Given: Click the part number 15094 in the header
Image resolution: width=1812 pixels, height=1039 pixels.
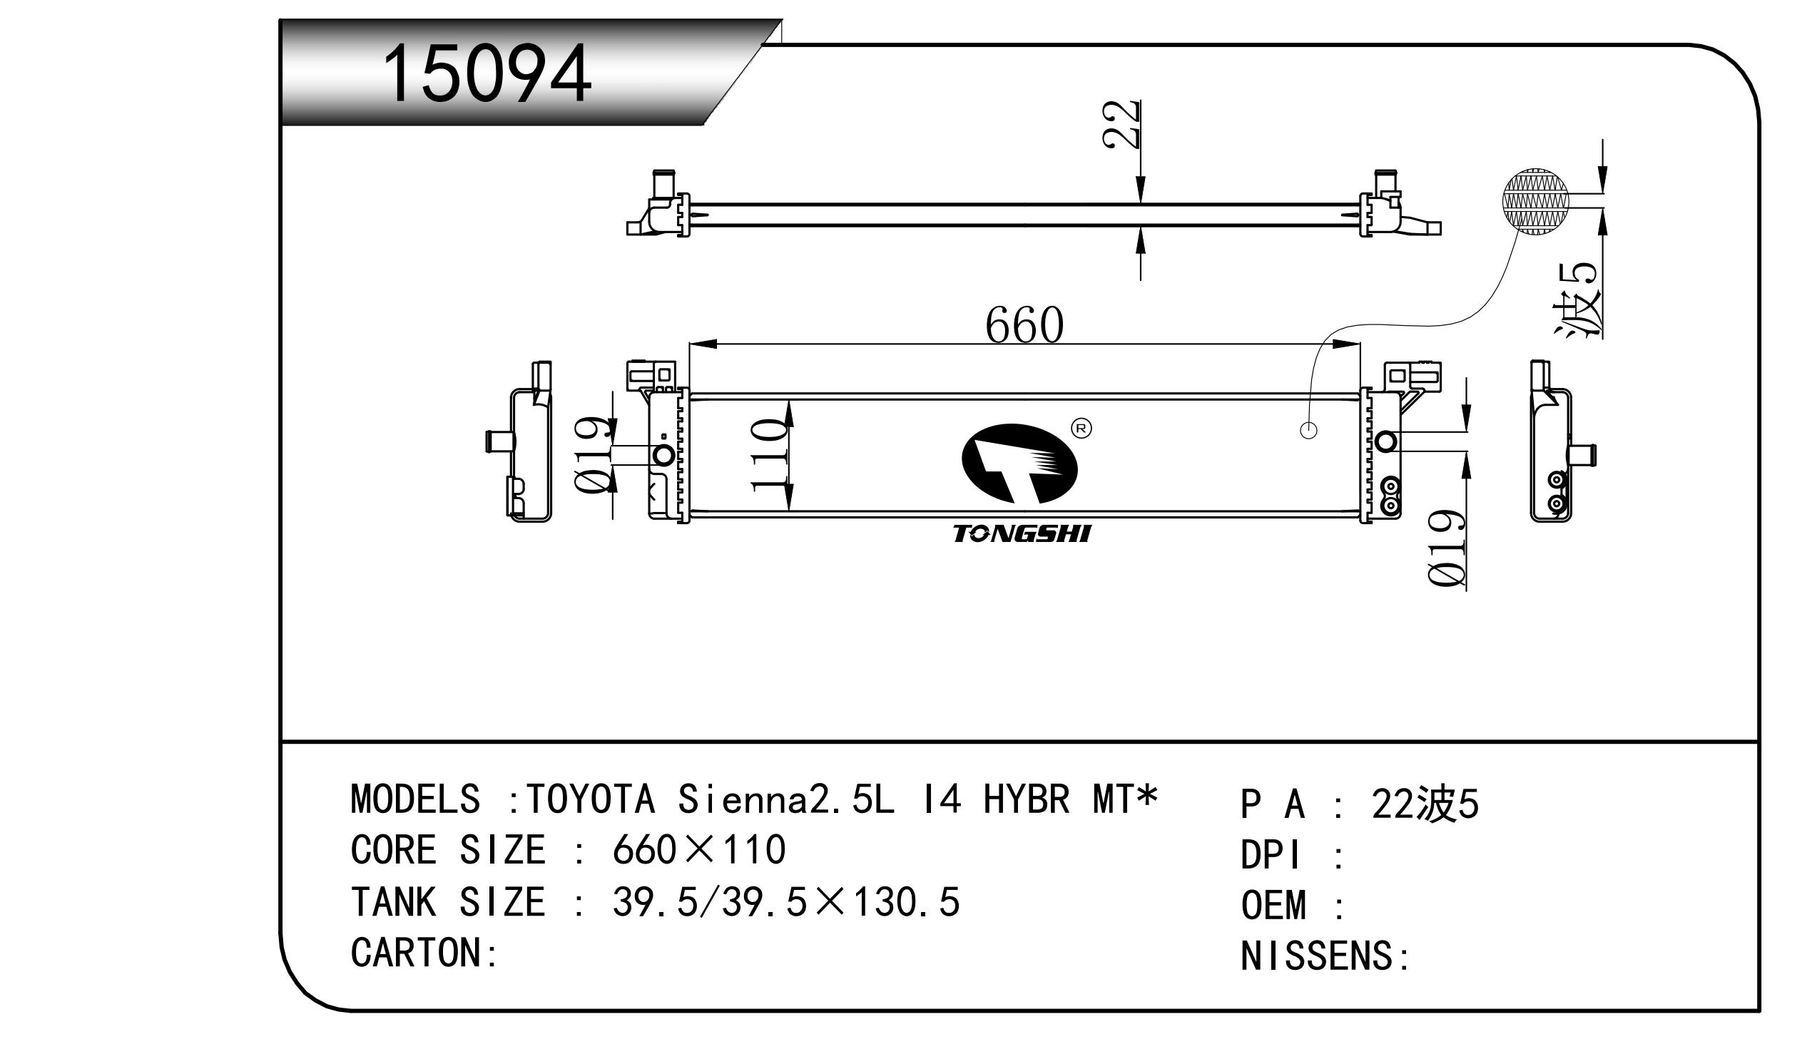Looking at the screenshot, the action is (487, 74).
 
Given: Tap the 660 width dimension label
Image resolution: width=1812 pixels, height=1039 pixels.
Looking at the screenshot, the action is (1024, 325).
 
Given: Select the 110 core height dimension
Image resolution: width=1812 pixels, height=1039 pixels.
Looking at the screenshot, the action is (768, 455).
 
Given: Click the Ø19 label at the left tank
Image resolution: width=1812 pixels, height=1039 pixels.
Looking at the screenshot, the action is (594, 454).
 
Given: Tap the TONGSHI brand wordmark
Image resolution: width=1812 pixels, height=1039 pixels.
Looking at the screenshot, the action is (1022, 534).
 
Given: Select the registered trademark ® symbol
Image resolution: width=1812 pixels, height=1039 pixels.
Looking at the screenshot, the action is (1081, 428).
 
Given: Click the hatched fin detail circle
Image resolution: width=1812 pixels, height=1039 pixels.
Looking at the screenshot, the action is (1536, 202).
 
